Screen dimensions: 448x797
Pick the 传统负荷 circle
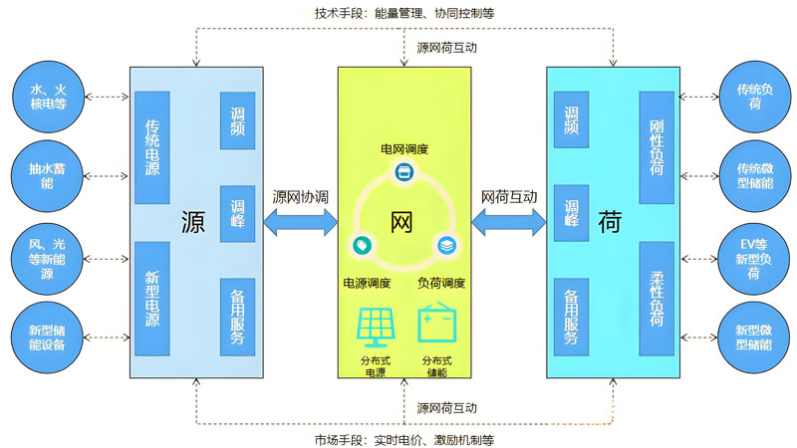(754, 98)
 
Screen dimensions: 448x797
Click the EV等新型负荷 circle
(754, 257)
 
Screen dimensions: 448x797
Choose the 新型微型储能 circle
(754, 336)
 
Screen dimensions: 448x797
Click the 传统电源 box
(152, 147)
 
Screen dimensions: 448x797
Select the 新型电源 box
(152, 299)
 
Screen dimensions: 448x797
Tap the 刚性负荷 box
(657, 147)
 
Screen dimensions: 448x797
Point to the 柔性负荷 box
(657, 299)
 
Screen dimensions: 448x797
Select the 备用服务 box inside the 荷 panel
(571, 317)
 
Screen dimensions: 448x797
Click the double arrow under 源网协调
(300, 222)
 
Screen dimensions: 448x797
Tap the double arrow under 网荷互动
(509, 222)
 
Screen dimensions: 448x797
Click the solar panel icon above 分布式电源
(375, 327)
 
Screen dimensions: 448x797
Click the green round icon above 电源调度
(360, 245)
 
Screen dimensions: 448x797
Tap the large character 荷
(609, 221)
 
